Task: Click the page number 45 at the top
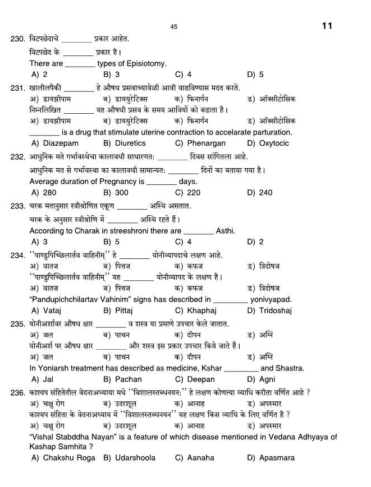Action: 173,27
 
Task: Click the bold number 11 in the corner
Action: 328,26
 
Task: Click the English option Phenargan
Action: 206,143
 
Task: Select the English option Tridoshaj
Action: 276,311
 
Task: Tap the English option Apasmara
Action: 277,458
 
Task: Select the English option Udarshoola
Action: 135,458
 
